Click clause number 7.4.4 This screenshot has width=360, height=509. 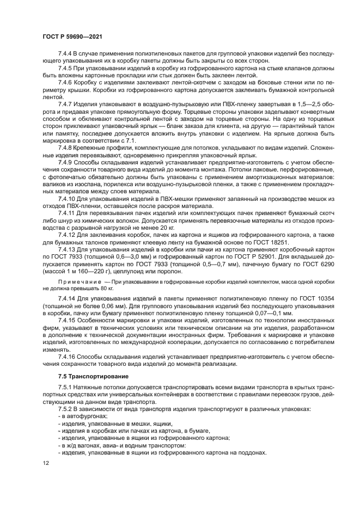click(x=67, y=55)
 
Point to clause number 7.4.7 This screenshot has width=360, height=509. click(x=67, y=103)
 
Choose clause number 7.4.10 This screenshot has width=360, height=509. click(x=69, y=199)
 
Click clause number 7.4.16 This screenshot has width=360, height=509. click(x=69, y=355)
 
